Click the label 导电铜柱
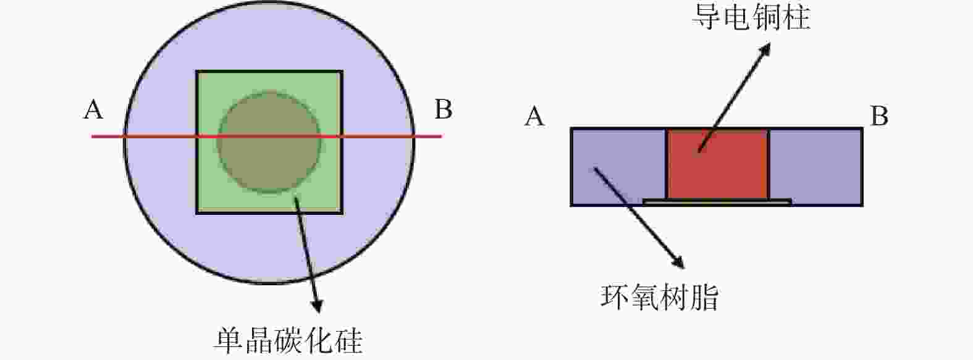point(751,17)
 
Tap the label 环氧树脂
point(659,298)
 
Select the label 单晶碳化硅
point(288,341)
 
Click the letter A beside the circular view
point(93,109)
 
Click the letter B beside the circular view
point(444,109)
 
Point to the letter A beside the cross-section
point(534,117)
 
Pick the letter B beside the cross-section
point(878,116)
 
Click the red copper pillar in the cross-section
point(718,164)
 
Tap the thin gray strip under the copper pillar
point(717,201)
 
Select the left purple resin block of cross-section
point(618,166)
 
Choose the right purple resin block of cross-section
point(815,166)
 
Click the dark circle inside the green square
point(269,141)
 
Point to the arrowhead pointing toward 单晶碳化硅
point(318,305)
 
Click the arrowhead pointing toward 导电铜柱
point(765,48)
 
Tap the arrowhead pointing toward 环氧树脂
point(679,262)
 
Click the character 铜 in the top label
point(766,17)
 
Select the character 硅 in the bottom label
point(348,341)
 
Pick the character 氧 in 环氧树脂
point(644,298)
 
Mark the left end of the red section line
point(91,136)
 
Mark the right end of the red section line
point(442,136)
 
